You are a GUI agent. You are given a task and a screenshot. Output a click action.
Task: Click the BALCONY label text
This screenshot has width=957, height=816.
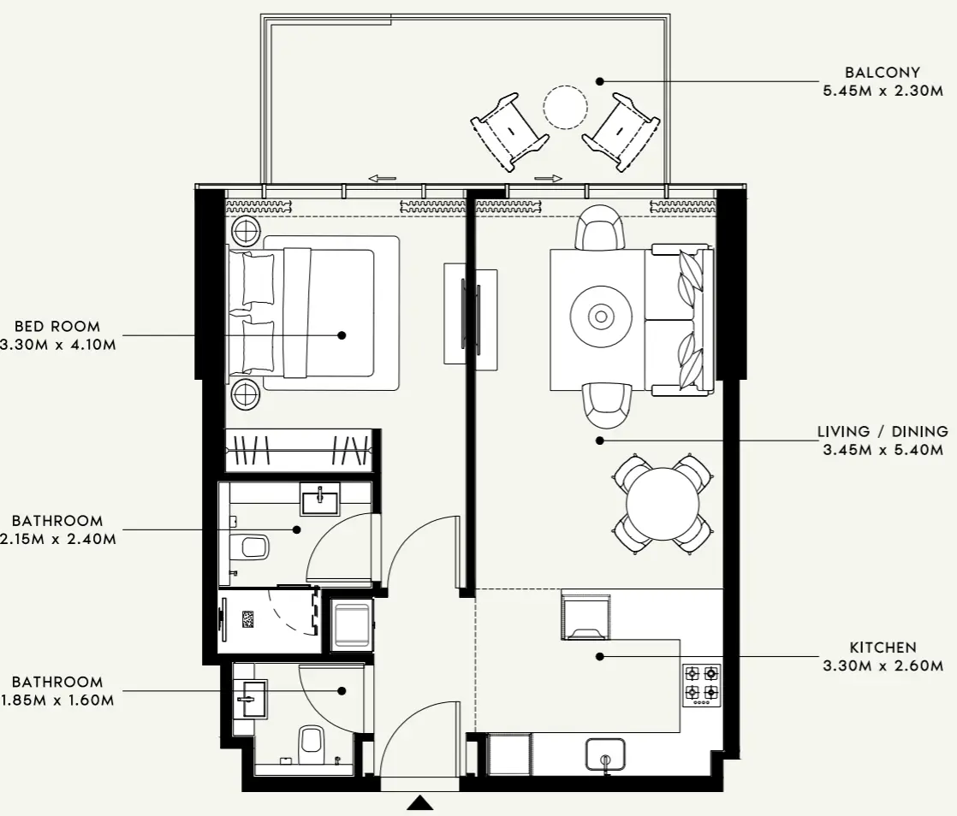[x=882, y=73]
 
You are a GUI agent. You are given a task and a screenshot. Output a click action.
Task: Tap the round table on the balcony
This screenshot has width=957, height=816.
[x=565, y=108]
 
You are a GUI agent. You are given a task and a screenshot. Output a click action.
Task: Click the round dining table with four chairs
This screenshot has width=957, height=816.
[x=663, y=504]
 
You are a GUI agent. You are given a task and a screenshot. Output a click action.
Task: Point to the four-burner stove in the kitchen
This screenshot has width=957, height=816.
[x=701, y=684]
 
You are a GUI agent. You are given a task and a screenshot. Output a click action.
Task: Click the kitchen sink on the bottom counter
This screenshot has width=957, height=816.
[x=605, y=754]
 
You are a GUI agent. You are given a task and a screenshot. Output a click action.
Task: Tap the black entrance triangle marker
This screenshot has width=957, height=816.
[x=419, y=802]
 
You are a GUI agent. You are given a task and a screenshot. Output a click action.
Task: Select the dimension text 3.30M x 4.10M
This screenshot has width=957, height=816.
[x=58, y=345]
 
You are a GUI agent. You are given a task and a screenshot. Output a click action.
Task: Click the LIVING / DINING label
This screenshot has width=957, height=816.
[x=883, y=432]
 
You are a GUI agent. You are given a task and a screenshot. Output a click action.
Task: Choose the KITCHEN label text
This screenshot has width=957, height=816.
[x=883, y=647]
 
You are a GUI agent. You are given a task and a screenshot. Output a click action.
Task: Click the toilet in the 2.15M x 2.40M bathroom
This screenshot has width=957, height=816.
[x=253, y=545]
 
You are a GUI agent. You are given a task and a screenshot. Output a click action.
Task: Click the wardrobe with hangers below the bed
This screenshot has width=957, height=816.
[x=299, y=450]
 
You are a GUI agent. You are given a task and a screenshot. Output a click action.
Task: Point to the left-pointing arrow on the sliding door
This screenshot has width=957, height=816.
[x=382, y=178]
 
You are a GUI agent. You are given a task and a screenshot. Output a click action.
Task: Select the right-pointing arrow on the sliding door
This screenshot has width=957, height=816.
[x=548, y=178]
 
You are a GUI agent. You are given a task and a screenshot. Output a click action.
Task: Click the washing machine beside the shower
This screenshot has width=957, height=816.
[x=352, y=624]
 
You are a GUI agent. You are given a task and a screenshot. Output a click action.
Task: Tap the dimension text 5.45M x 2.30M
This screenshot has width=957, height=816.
[x=883, y=91]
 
